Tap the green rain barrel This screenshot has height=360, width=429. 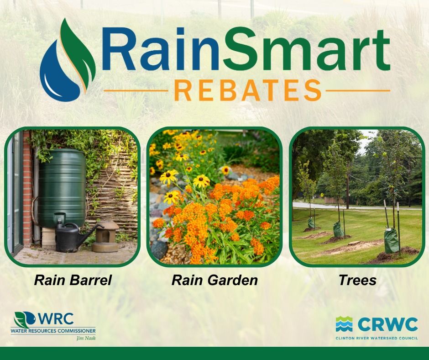click(x=61, y=187)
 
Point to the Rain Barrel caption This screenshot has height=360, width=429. click(x=73, y=280)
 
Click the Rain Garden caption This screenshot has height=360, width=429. click(x=214, y=280)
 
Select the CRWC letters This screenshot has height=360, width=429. click(x=387, y=324)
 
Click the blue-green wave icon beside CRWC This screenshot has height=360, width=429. click(x=344, y=324)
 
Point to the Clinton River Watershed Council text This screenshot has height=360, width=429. click(x=377, y=338)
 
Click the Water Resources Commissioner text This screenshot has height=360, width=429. click(x=53, y=330)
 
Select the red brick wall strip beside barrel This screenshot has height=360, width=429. click(x=28, y=192)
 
